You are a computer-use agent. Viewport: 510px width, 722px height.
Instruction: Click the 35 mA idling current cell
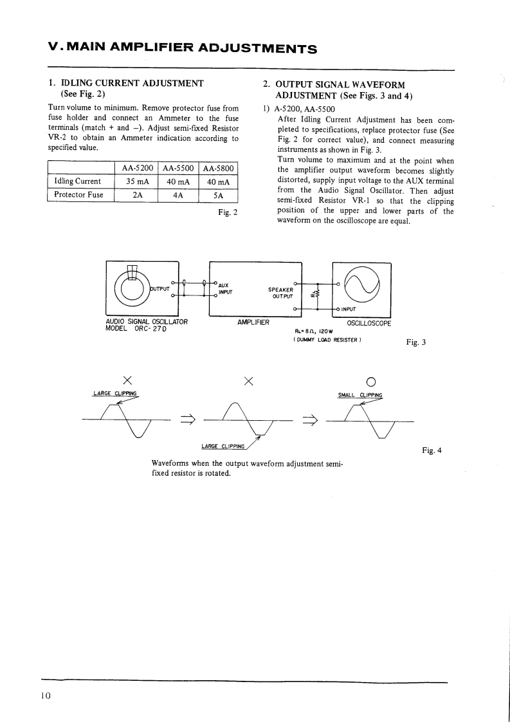pyautogui.click(x=137, y=181)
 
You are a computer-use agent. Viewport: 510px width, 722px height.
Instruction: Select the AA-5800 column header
pyautogui.click(x=219, y=168)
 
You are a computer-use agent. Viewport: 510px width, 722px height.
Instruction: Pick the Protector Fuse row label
pyautogui.click(x=78, y=195)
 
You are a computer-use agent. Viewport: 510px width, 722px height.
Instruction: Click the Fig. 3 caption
pyautogui.click(x=415, y=342)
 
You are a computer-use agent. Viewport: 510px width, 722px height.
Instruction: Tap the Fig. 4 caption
pyautogui.click(x=432, y=450)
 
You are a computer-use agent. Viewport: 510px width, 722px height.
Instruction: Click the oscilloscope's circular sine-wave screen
pyautogui.click(x=362, y=283)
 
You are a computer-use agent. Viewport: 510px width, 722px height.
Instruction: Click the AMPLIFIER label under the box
pyautogui.click(x=253, y=322)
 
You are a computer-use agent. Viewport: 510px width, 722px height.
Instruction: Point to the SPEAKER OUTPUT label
pyautogui.click(x=281, y=293)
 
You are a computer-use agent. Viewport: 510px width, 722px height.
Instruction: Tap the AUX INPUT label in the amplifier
pyautogui.click(x=225, y=288)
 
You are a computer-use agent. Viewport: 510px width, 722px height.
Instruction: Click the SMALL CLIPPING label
pyautogui.click(x=360, y=395)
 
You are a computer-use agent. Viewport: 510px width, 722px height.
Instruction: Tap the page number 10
pyautogui.click(x=45, y=696)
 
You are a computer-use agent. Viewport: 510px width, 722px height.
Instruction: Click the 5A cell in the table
pyautogui.click(x=219, y=195)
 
